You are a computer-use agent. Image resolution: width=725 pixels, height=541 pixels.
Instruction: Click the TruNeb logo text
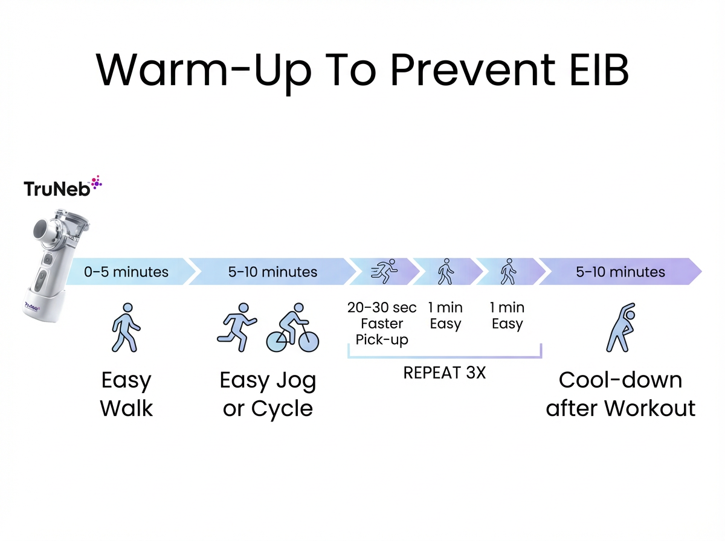[57, 189]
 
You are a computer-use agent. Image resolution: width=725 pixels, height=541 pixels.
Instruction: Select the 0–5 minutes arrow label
[126, 272]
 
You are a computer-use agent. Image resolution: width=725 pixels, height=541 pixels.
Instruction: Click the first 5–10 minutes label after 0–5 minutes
[272, 272]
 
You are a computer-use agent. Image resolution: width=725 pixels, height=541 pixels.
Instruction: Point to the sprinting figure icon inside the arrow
[384, 272]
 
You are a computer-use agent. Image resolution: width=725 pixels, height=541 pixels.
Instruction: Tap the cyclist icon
[293, 329]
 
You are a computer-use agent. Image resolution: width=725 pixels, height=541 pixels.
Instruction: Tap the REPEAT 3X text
[444, 373]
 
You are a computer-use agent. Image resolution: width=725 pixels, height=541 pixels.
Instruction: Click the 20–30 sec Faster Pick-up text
[382, 324]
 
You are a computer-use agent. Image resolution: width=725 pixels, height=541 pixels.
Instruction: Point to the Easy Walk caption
[126, 395]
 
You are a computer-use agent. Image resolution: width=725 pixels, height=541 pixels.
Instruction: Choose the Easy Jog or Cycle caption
[268, 395]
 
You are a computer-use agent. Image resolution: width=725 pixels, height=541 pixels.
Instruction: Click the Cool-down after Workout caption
[620, 395]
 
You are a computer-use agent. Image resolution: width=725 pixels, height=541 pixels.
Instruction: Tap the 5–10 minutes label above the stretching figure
[620, 272]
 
